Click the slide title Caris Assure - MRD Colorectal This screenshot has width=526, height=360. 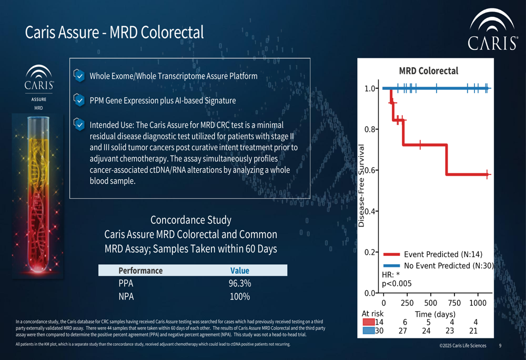(114, 33)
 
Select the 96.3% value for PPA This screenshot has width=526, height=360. (239, 284)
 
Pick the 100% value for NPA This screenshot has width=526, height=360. (239, 296)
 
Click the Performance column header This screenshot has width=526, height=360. (140, 271)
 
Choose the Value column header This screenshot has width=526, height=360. (239, 271)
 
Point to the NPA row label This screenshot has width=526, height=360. (126, 296)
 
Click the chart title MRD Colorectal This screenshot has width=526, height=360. (428, 71)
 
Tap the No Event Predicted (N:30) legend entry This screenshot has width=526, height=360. (438, 266)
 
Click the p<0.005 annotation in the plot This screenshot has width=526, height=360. (397, 284)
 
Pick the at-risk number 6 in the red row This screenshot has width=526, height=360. (405, 322)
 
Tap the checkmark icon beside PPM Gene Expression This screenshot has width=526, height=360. (79, 100)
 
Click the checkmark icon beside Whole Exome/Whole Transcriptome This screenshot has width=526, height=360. (79, 76)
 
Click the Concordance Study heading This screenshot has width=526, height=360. (190, 220)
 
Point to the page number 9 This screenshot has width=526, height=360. (500, 346)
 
